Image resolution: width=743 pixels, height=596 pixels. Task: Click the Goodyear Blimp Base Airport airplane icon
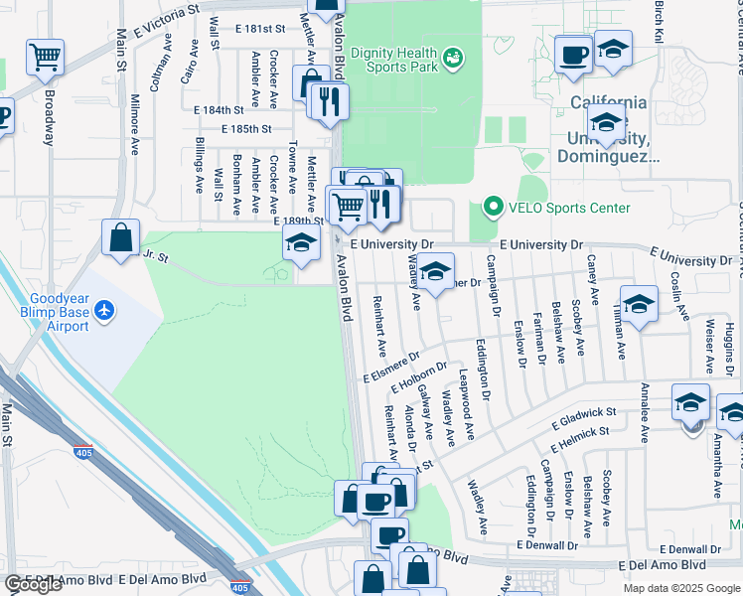point(104,311)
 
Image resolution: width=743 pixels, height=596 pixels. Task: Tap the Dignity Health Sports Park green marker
point(453,59)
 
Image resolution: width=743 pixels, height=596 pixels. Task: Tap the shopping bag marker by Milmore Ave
point(120,238)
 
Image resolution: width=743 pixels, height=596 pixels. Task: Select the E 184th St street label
point(219,110)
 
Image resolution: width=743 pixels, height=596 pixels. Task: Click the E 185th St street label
point(246,129)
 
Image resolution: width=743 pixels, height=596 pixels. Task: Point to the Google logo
point(33,584)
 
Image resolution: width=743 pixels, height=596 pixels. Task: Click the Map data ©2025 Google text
point(681,588)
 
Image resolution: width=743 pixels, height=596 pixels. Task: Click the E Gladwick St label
point(584,417)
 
